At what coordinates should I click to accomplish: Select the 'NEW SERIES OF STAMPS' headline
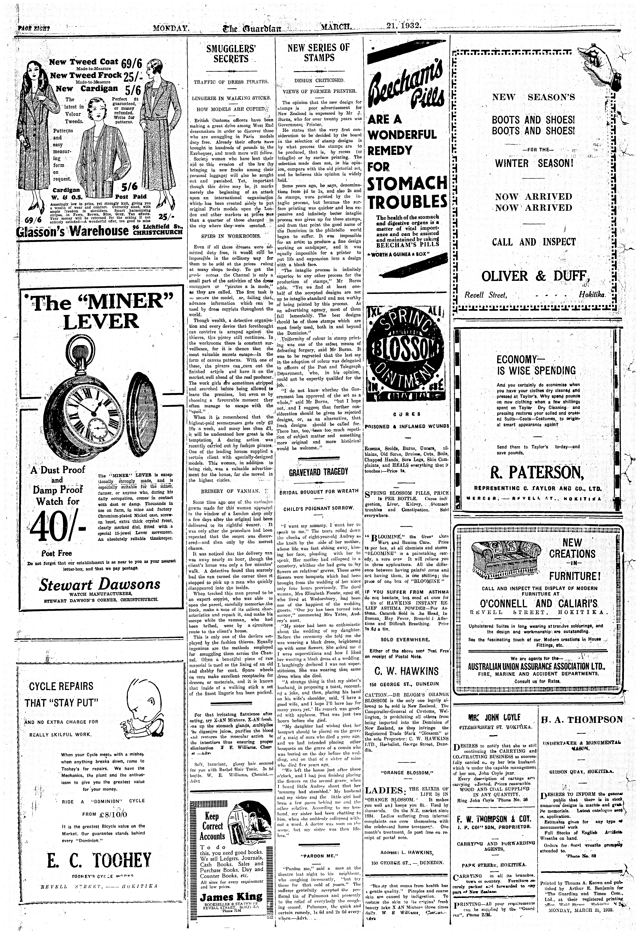319,52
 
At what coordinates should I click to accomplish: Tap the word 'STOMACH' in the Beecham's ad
407,184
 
